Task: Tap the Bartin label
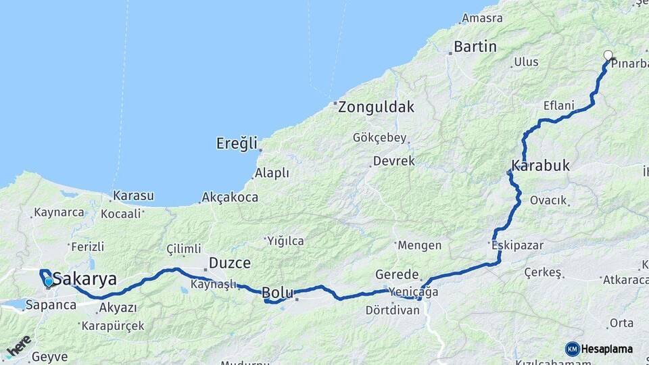click(475, 47)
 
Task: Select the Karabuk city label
click(541, 166)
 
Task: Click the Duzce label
click(230, 263)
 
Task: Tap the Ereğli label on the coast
click(237, 143)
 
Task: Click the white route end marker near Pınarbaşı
click(608, 56)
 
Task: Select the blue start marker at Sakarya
click(48, 281)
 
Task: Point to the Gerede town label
click(398, 275)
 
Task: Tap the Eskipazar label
click(518, 245)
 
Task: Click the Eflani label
click(558, 105)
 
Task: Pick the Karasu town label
click(133, 196)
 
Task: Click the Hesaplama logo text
click(606, 349)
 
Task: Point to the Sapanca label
click(51, 305)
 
